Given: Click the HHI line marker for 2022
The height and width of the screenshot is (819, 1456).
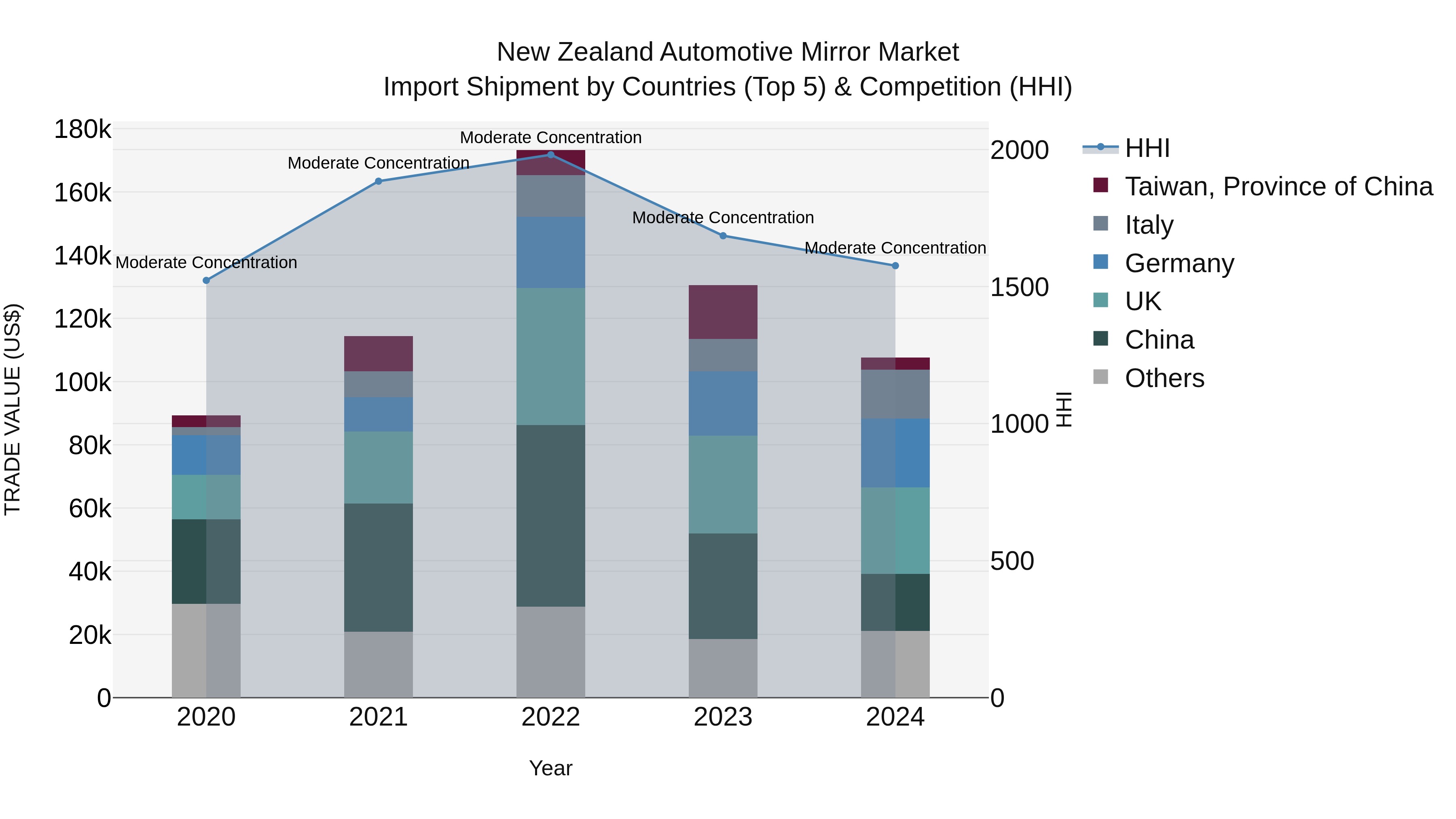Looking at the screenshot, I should coord(550,154).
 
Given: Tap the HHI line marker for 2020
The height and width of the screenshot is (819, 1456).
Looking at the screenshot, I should coord(206,280).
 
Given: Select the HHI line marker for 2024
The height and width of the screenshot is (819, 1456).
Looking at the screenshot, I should coord(895,266).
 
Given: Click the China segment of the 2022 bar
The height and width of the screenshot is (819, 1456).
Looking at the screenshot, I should coord(550,516).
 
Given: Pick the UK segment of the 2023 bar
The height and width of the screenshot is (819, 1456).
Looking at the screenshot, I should coord(722,485).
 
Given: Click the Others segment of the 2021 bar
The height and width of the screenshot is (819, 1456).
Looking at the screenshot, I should coord(378,664).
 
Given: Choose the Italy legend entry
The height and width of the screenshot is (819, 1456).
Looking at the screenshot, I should coord(1149,225).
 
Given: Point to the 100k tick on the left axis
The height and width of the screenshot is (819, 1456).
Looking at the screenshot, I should coord(82,383).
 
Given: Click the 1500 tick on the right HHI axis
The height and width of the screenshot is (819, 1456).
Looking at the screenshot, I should coord(1019,287).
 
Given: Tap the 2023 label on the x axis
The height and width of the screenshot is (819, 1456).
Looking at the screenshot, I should coord(722,717).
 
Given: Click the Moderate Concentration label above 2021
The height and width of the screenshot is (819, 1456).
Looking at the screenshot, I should coord(378,163).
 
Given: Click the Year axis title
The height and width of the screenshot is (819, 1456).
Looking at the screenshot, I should coord(550,768).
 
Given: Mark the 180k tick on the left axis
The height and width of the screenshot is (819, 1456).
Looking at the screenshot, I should coord(82,129).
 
